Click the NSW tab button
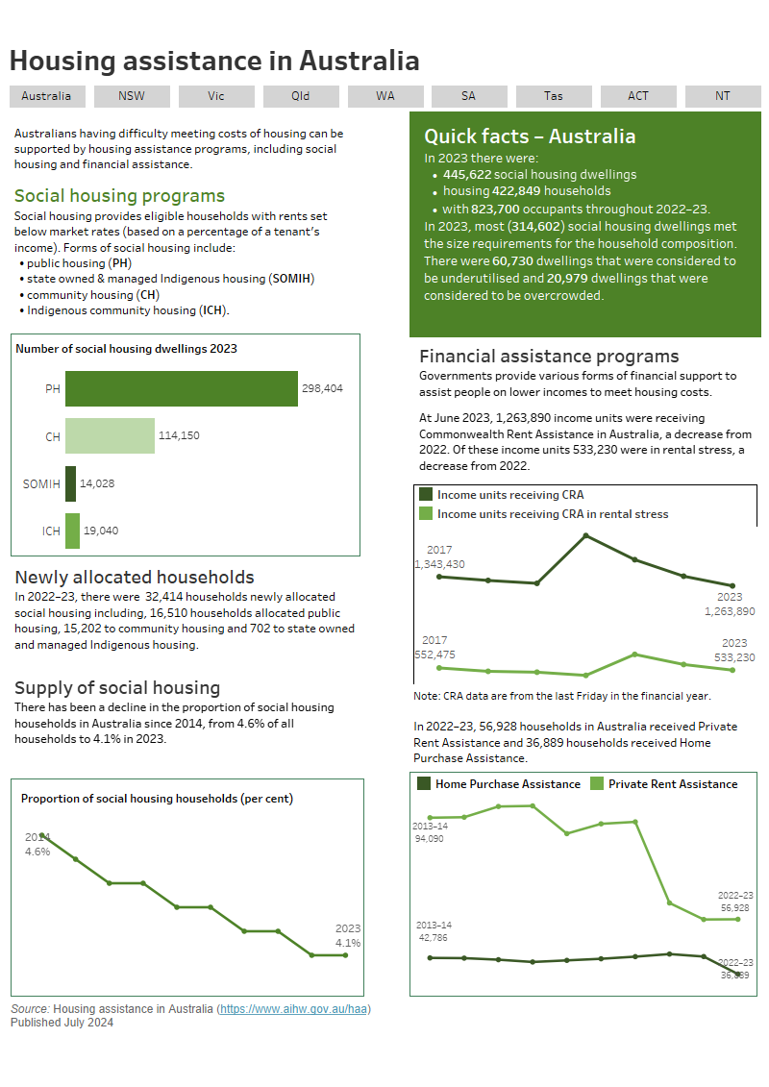(132, 96)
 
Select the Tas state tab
(554, 96)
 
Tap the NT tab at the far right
(722, 96)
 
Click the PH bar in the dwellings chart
(182, 388)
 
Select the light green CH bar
(110, 435)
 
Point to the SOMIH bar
(70, 483)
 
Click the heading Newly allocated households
(135, 577)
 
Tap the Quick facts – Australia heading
(530, 136)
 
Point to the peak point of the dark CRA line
(585, 535)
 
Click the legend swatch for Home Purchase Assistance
(424, 783)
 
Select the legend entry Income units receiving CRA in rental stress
(552, 514)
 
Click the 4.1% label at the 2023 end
(348, 943)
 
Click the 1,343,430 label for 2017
(439, 564)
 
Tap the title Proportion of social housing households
(157, 799)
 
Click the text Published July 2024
(62, 1023)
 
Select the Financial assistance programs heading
(549, 357)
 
